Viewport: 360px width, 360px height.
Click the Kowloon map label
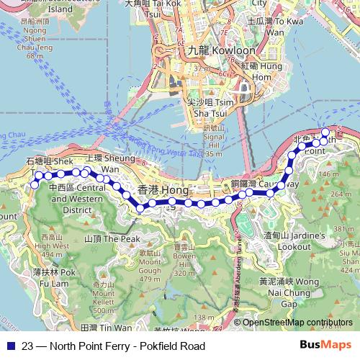(211, 52)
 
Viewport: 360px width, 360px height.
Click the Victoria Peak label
(112, 238)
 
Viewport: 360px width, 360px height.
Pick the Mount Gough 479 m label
(150, 266)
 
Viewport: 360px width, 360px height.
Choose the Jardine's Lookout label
(287, 240)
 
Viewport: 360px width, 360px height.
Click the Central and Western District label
(72, 199)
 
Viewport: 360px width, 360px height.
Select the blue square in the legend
(9, 346)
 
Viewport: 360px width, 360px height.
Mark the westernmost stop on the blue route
(34, 186)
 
